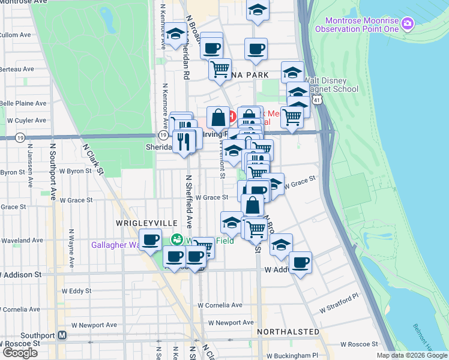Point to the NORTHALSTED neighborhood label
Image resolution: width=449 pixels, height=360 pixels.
coord(288,332)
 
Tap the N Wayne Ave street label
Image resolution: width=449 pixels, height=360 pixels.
coord(71,247)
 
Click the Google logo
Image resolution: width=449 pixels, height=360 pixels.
coord(20,352)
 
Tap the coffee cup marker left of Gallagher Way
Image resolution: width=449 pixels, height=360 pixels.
coord(151,239)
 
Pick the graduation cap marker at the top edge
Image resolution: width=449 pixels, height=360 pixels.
coord(258,10)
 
